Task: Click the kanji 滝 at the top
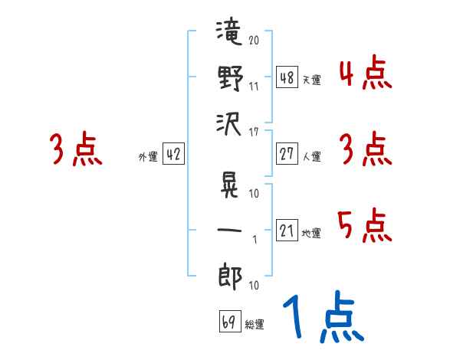229,31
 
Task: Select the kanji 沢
228,125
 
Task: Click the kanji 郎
230,277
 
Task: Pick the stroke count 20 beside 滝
254,40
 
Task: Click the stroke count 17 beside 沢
254,133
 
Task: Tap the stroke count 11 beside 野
254,87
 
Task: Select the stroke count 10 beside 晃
254,194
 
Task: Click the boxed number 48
287,77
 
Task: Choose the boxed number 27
287,154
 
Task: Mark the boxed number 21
287,230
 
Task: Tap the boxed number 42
173,154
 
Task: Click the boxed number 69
230,321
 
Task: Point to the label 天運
312,80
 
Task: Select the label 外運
148,156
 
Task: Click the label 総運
255,324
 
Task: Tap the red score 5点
364,225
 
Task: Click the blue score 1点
324,317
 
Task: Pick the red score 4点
366,72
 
